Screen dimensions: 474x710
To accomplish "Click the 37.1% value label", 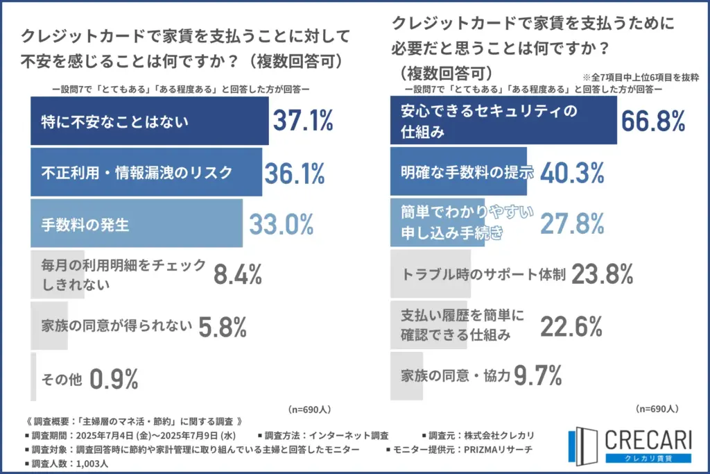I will coord(302,121).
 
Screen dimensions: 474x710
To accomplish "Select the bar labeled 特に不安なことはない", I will coord(149,121).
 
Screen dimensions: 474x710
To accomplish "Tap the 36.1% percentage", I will coord(294,172).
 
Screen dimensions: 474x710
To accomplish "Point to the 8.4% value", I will coord(237,274).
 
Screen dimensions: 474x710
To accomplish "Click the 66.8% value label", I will coord(652,121).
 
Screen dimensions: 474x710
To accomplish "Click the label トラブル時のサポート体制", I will coord(484,274).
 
